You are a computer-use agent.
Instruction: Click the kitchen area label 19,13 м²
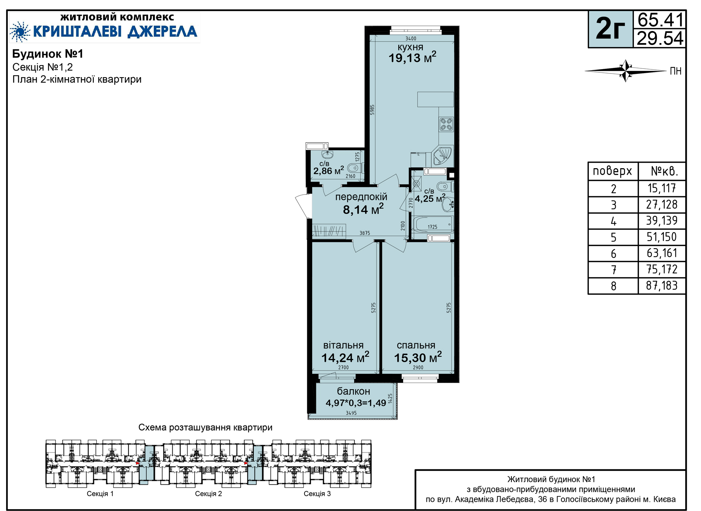point(412,57)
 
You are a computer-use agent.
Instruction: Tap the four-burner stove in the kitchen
point(446,124)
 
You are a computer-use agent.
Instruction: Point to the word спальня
point(416,345)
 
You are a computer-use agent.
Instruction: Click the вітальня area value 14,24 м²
point(345,357)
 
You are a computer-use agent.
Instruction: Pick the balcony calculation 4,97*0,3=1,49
point(356,403)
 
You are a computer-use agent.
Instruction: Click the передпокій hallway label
point(361,197)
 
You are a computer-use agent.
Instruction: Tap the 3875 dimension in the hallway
point(365,233)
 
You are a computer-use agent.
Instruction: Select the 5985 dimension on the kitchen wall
point(372,110)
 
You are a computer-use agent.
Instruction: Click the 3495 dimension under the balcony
point(351,413)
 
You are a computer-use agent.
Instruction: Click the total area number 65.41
point(660,20)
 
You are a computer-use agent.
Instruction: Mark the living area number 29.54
point(660,38)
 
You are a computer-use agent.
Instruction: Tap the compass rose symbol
point(625,71)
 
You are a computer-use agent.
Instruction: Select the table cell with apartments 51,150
point(662,237)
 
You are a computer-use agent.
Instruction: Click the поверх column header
point(612,171)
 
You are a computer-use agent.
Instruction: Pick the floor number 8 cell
point(613,286)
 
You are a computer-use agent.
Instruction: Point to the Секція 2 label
point(208,494)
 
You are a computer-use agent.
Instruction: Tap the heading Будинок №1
point(48,54)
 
